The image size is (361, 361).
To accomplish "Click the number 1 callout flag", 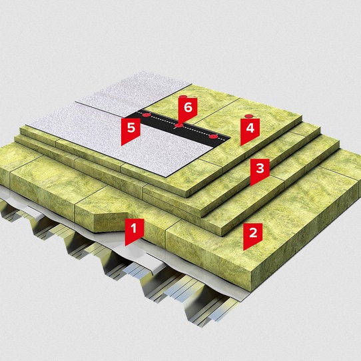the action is [135, 230].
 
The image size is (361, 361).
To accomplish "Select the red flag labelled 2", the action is [253, 234].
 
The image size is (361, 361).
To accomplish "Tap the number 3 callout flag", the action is [260, 170].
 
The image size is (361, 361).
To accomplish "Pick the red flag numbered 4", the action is [250, 130].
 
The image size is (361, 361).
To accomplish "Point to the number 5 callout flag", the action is [131, 129].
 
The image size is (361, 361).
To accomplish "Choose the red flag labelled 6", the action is [188, 109].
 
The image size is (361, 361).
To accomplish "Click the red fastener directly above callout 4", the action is [249, 117].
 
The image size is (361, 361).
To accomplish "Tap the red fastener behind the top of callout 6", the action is [184, 97].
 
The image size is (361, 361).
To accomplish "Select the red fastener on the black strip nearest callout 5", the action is [146, 115].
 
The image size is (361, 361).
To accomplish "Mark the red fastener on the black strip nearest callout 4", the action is [213, 137].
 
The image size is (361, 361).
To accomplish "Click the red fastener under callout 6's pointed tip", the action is [179, 125].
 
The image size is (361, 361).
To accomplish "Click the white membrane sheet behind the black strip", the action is [133, 92].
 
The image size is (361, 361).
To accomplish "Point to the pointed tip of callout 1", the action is [125, 246].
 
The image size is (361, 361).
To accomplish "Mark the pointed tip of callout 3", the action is [251, 186].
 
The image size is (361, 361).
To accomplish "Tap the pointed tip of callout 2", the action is [244, 250].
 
